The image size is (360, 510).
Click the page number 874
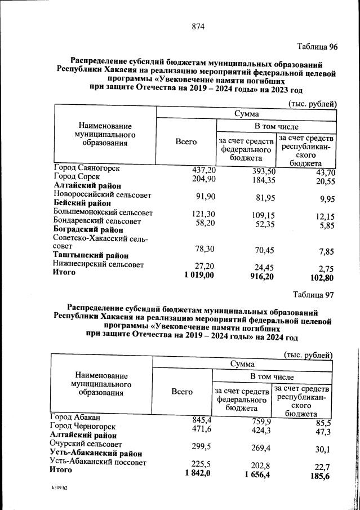click(197, 26)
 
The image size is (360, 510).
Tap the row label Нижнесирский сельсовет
click(98, 264)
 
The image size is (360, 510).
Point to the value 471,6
click(202, 429)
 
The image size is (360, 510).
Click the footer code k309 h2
click(58, 499)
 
